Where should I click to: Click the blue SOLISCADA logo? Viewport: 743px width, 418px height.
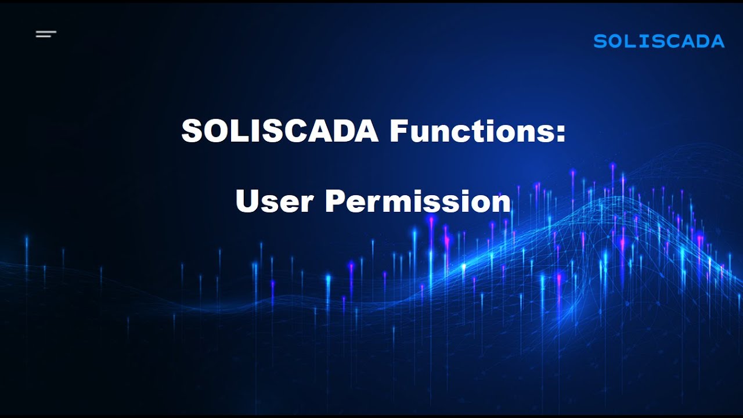(x=659, y=41)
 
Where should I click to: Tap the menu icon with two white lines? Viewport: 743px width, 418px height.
(x=46, y=34)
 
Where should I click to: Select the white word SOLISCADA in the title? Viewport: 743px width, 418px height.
(x=280, y=132)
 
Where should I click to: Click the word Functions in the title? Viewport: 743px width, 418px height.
(x=473, y=132)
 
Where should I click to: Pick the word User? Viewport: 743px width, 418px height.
(x=275, y=201)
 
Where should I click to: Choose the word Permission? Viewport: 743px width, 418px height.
(x=418, y=201)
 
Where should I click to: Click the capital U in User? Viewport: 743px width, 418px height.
(x=247, y=201)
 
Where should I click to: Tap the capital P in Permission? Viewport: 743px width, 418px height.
(x=336, y=201)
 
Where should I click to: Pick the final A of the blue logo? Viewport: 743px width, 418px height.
(x=717, y=41)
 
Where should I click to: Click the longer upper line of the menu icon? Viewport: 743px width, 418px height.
(x=46, y=32)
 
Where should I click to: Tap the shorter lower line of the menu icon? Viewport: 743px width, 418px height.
(x=44, y=37)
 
